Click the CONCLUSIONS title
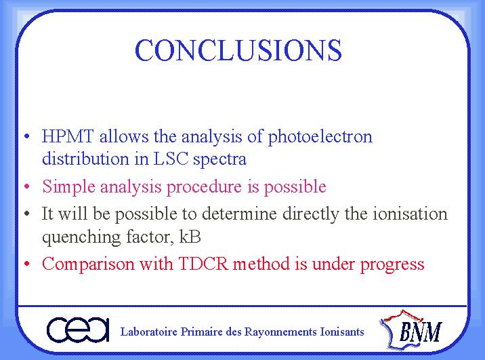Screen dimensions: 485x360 pyautogui.click(x=238, y=50)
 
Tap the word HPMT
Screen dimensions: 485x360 pyautogui.click(x=68, y=136)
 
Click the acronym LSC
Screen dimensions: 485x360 pyautogui.click(x=171, y=159)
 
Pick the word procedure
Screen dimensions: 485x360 pyautogui.click(x=204, y=187)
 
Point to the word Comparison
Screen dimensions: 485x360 pyautogui.click(x=88, y=264)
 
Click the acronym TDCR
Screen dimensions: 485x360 pyautogui.click(x=203, y=264)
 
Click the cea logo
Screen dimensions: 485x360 pyautogui.click(x=78, y=330)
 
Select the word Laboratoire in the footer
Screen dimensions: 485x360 pyautogui.click(x=149, y=332)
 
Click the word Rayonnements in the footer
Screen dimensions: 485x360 pyautogui.click(x=280, y=332)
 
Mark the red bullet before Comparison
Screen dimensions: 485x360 pyautogui.click(x=27, y=264)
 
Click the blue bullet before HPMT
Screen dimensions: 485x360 pyautogui.click(x=27, y=136)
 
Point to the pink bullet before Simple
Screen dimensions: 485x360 pyautogui.click(x=27, y=186)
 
